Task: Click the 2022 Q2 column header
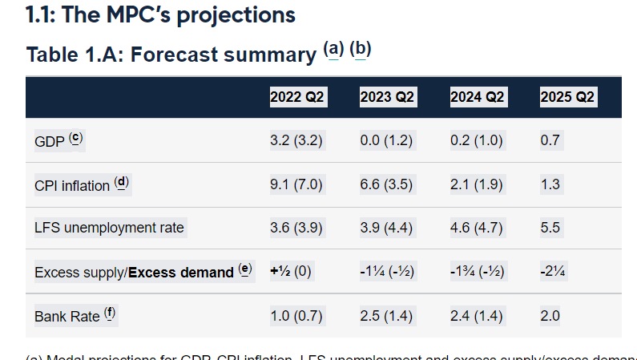[x=297, y=97]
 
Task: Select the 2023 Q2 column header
[x=387, y=97]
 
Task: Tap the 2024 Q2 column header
[x=477, y=97]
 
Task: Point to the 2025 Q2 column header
[x=567, y=97]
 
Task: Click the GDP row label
[x=50, y=141]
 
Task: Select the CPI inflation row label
[x=72, y=185]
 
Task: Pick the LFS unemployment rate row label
[x=109, y=228]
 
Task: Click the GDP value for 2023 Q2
[x=386, y=140]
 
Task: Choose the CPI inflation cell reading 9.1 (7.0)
[x=296, y=184]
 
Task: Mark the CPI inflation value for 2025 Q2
[x=550, y=184]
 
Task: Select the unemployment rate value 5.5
[x=550, y=228]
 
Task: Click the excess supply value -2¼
[x=553, y=271]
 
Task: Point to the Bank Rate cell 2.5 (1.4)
[x=386, y=315]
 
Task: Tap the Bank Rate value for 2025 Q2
[x=550, y=315]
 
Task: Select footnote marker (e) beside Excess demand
[x=245, y=270]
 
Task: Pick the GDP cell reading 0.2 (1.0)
[x=477, y=140]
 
